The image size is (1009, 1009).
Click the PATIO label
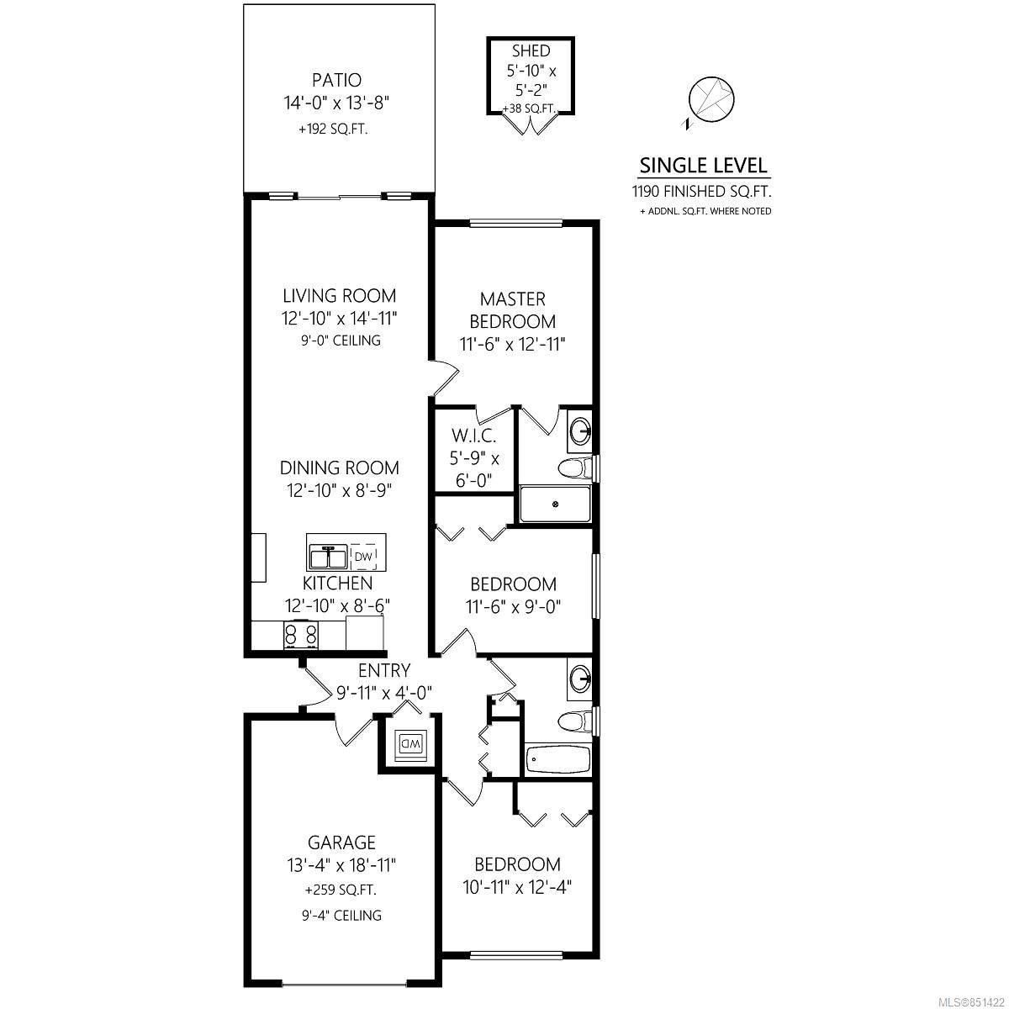click(336, 80)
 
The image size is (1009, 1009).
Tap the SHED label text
click(531, 50)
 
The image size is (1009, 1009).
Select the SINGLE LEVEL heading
click(703, 166)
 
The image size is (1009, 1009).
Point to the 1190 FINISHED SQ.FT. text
click(701, 191)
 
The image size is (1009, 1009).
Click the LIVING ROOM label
click(340, 296)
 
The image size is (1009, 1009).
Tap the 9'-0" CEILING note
click(341, 341)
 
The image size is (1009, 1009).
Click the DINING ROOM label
click(340, 468)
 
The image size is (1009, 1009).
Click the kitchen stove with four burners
click(300, 635)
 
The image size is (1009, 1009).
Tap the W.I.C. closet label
click(473, 435)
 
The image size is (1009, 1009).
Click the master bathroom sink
click(581, 431)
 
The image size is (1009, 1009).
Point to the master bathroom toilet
click(577, 468)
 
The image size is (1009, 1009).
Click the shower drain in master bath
click(556, 504)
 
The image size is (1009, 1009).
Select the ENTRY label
click(383, 670)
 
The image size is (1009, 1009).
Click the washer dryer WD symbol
click(410, 743)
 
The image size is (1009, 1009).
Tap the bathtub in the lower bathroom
click(558, 758)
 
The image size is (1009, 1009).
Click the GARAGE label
click(341, 843)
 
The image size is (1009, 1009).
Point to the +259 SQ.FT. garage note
click(341, 890)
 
